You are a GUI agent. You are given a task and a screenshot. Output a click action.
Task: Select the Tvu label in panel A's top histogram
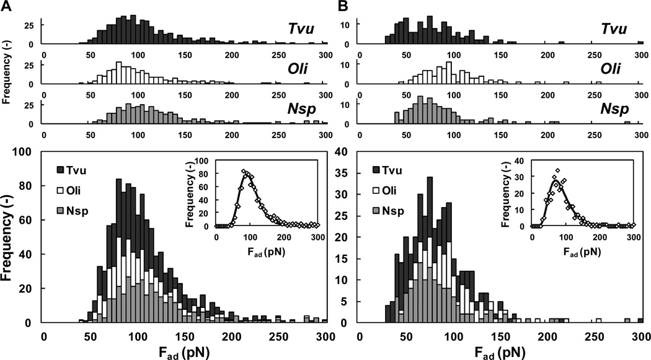point(305,29)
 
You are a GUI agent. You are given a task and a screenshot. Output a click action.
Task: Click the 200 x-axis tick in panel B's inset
point(599,235)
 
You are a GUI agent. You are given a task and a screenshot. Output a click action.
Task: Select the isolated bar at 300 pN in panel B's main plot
point(640,320)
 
